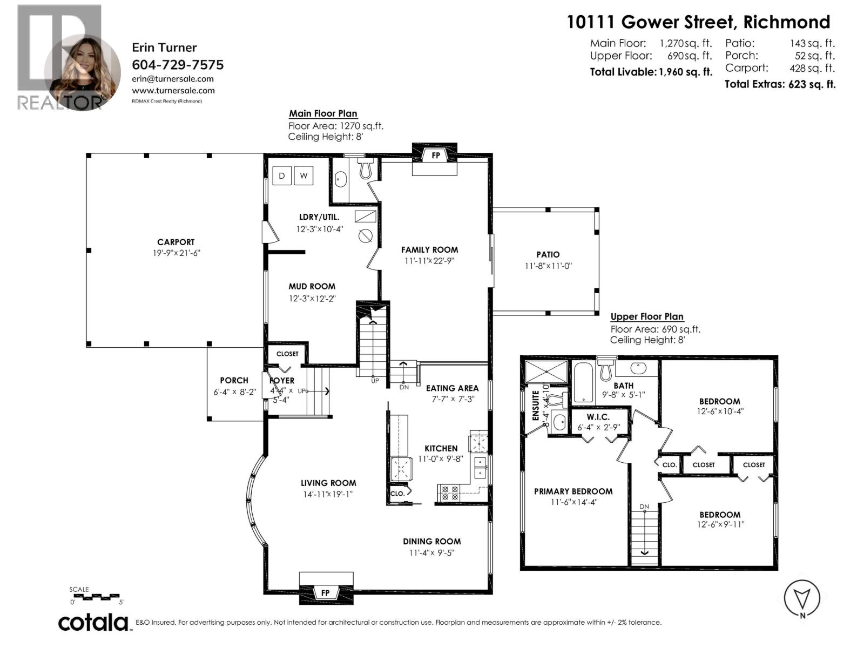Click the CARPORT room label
click(175, 242)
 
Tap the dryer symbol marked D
click(281, 175)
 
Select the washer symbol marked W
click(303, 175)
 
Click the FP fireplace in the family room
click(435, 156)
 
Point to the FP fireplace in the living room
click(326, 592)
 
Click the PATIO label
click(548, 254)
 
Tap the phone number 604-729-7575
click(178, 65)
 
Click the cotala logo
click(93, 622)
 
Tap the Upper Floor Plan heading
click(646, 317)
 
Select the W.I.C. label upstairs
click(598, 417)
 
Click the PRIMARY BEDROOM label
click(573, 491)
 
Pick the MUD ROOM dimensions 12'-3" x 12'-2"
click(312, 298)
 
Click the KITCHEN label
click(441, 448)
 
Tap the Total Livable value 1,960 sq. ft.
click(685, 72)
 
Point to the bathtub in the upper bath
click(583, 383)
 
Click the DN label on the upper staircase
click(644, 507)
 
